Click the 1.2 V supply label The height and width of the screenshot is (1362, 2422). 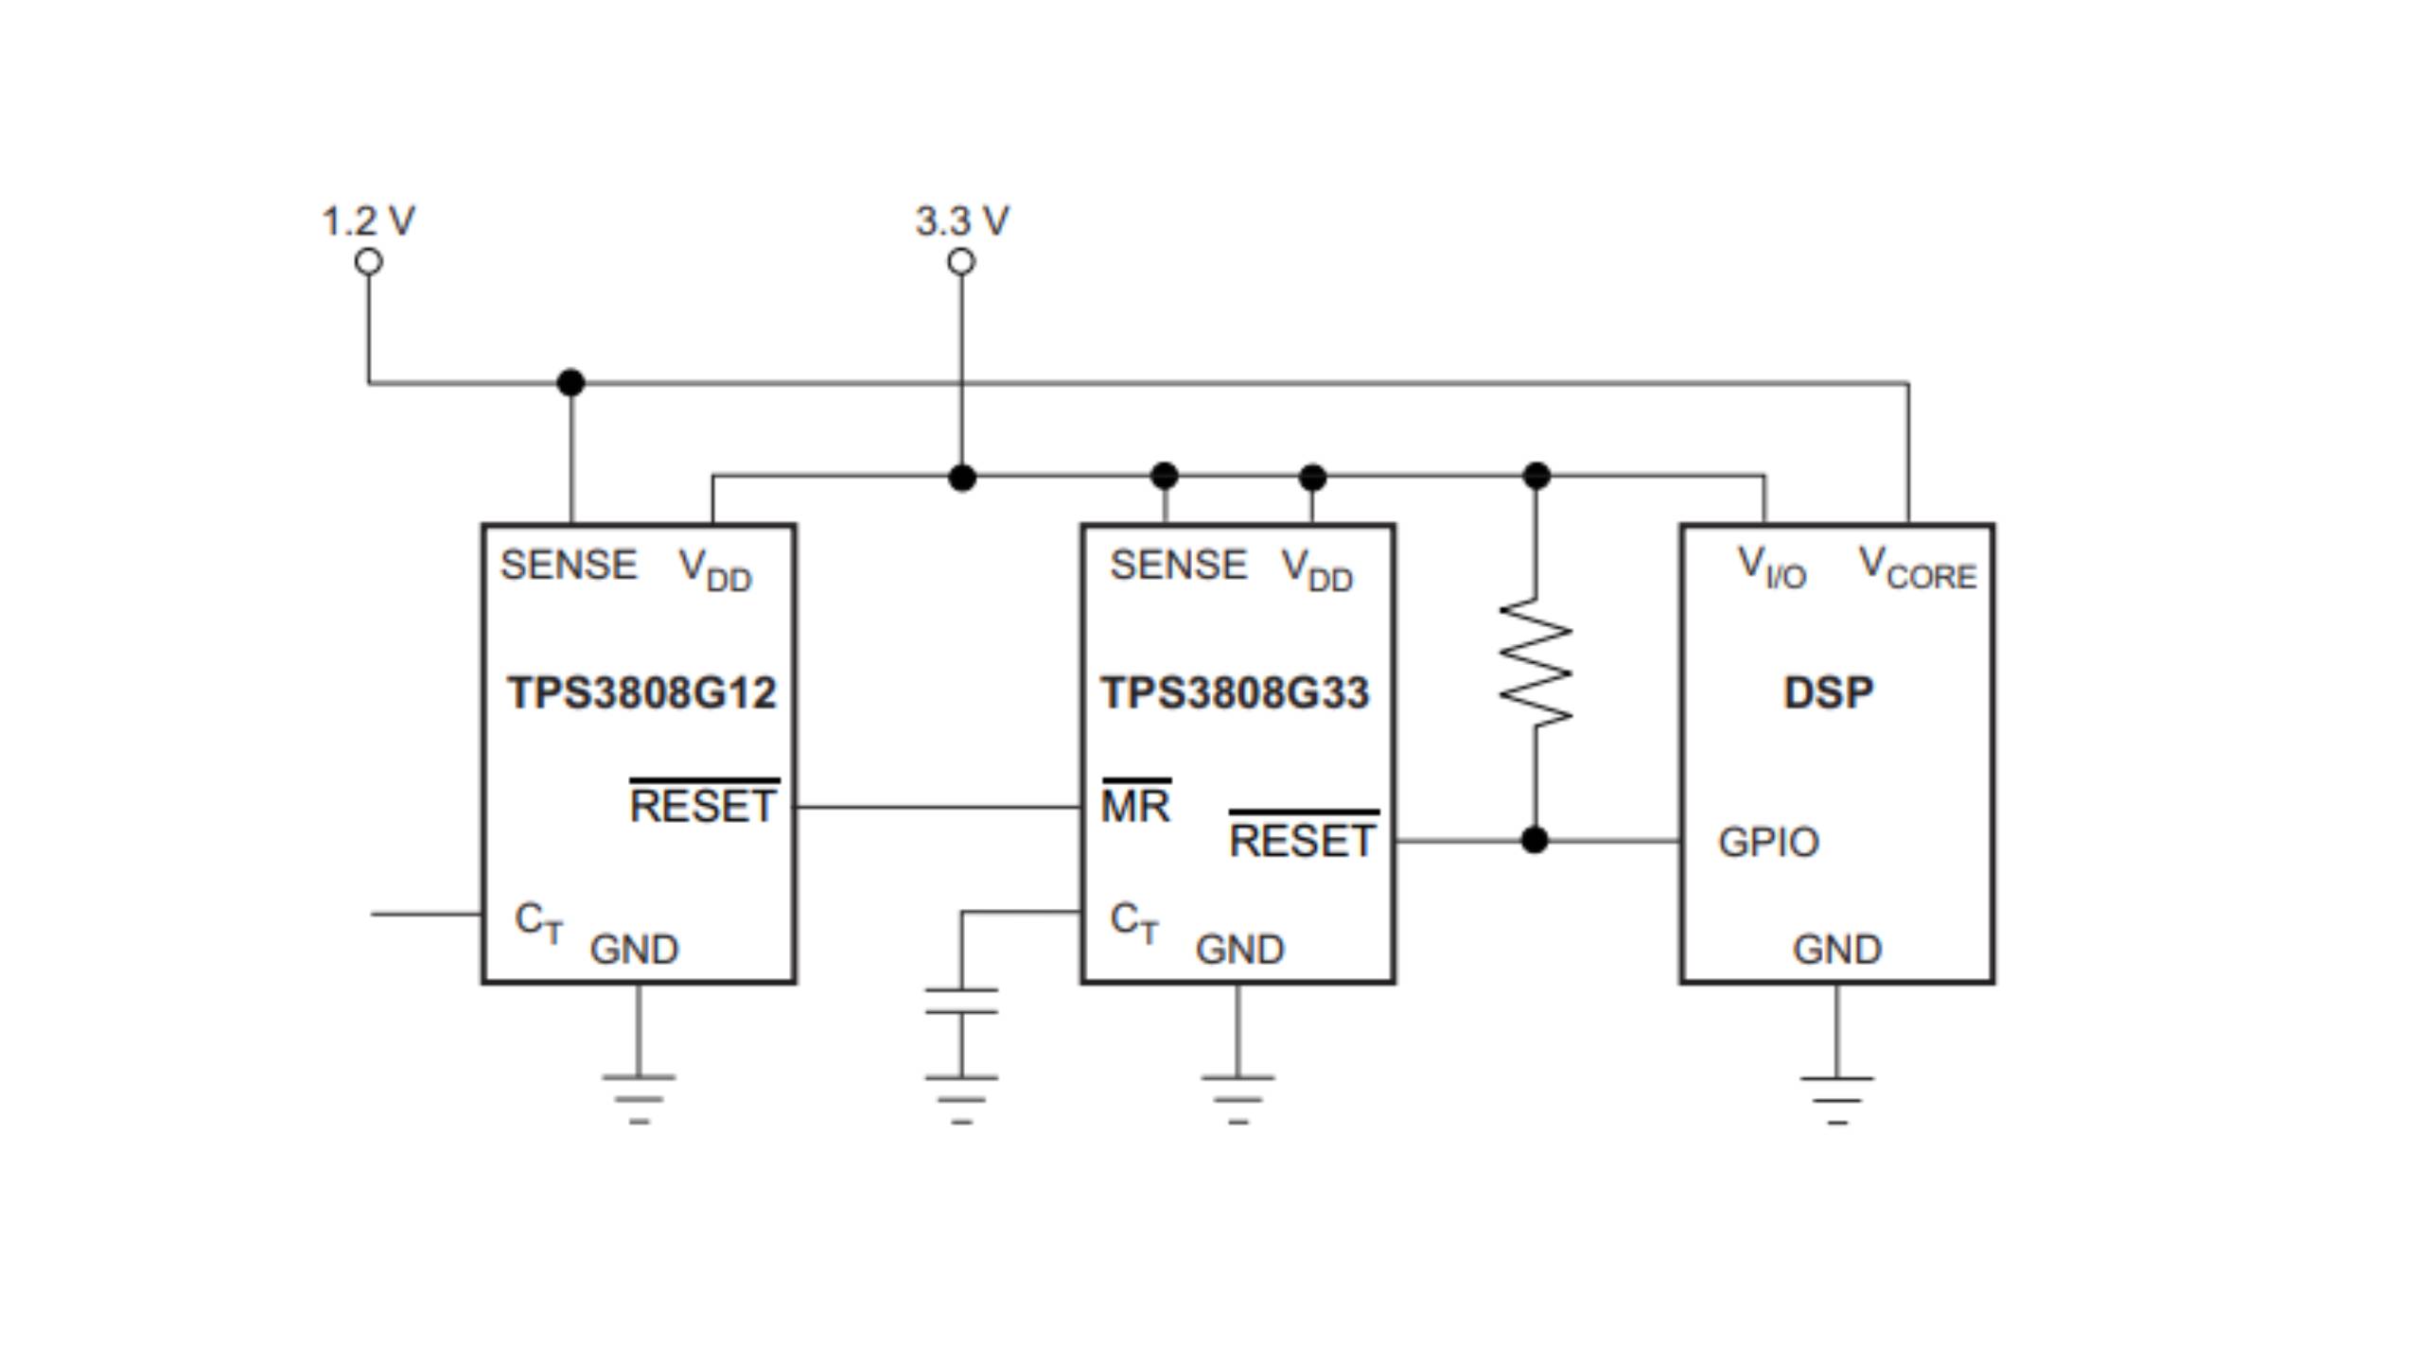(368, 221)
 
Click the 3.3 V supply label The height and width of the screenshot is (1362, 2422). (961, 221)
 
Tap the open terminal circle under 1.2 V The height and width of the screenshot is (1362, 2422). (369, 262)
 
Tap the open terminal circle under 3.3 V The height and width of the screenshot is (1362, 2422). (961, 262)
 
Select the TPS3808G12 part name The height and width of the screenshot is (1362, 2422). (641, 692)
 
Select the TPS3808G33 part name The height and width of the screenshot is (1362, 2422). (1235, 692)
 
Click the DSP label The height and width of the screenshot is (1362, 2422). (1828, 692)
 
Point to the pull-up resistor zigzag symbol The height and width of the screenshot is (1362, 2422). (1536, 662)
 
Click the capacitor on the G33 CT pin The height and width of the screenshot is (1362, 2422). (961, 1001)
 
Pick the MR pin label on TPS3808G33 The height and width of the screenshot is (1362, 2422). (1135, 806)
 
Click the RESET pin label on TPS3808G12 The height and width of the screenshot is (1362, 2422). (703, 806)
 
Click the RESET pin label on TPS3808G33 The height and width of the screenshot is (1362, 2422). (1302, 840)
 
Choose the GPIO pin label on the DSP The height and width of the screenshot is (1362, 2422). (1768, 842)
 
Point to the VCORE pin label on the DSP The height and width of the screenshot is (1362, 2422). (1917, 567)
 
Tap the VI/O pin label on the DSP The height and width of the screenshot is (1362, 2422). (1772, 567)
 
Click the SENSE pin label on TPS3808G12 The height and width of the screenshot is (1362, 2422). (569, 565)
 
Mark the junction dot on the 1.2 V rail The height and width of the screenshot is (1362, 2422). (570, 383)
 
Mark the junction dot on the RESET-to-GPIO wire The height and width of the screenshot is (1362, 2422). (1535, 839)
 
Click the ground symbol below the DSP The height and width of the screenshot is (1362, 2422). (1836, 1099)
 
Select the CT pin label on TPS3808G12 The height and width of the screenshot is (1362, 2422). (538, 920)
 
